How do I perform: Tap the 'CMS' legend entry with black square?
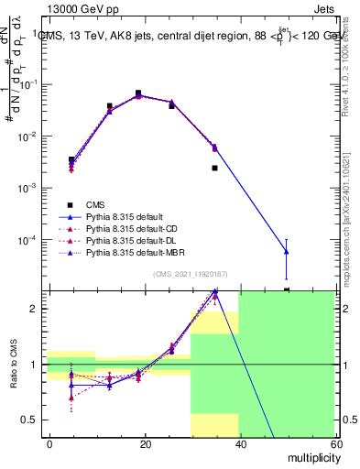click(x=96, y=205)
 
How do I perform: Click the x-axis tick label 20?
click(x=145, y=442)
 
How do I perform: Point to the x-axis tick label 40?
click(x=239, y=442)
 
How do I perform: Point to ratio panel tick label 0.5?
click(x=32, y=420)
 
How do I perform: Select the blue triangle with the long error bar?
click(x=287, y=251)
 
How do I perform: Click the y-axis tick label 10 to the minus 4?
click(x=29, y=240)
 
